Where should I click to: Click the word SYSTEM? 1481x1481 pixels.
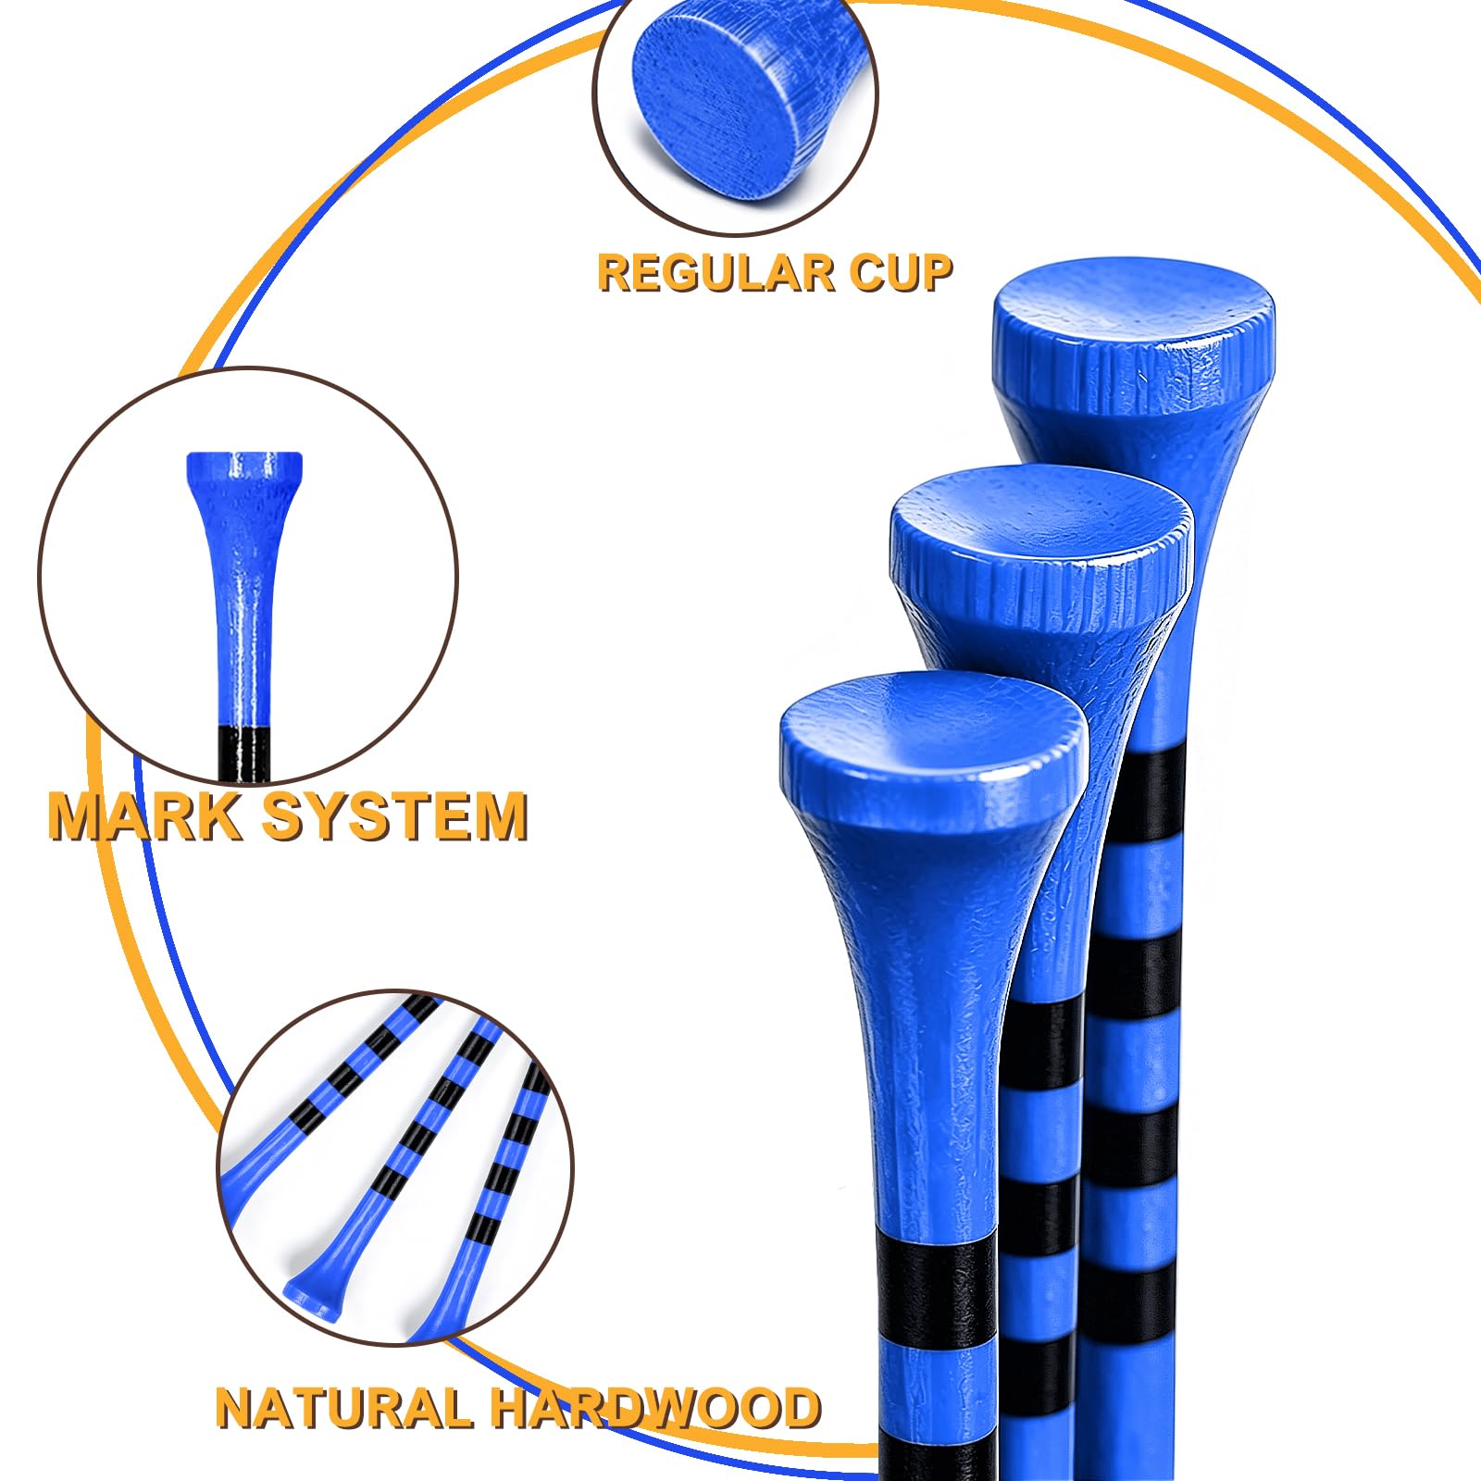coord(395,816)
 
